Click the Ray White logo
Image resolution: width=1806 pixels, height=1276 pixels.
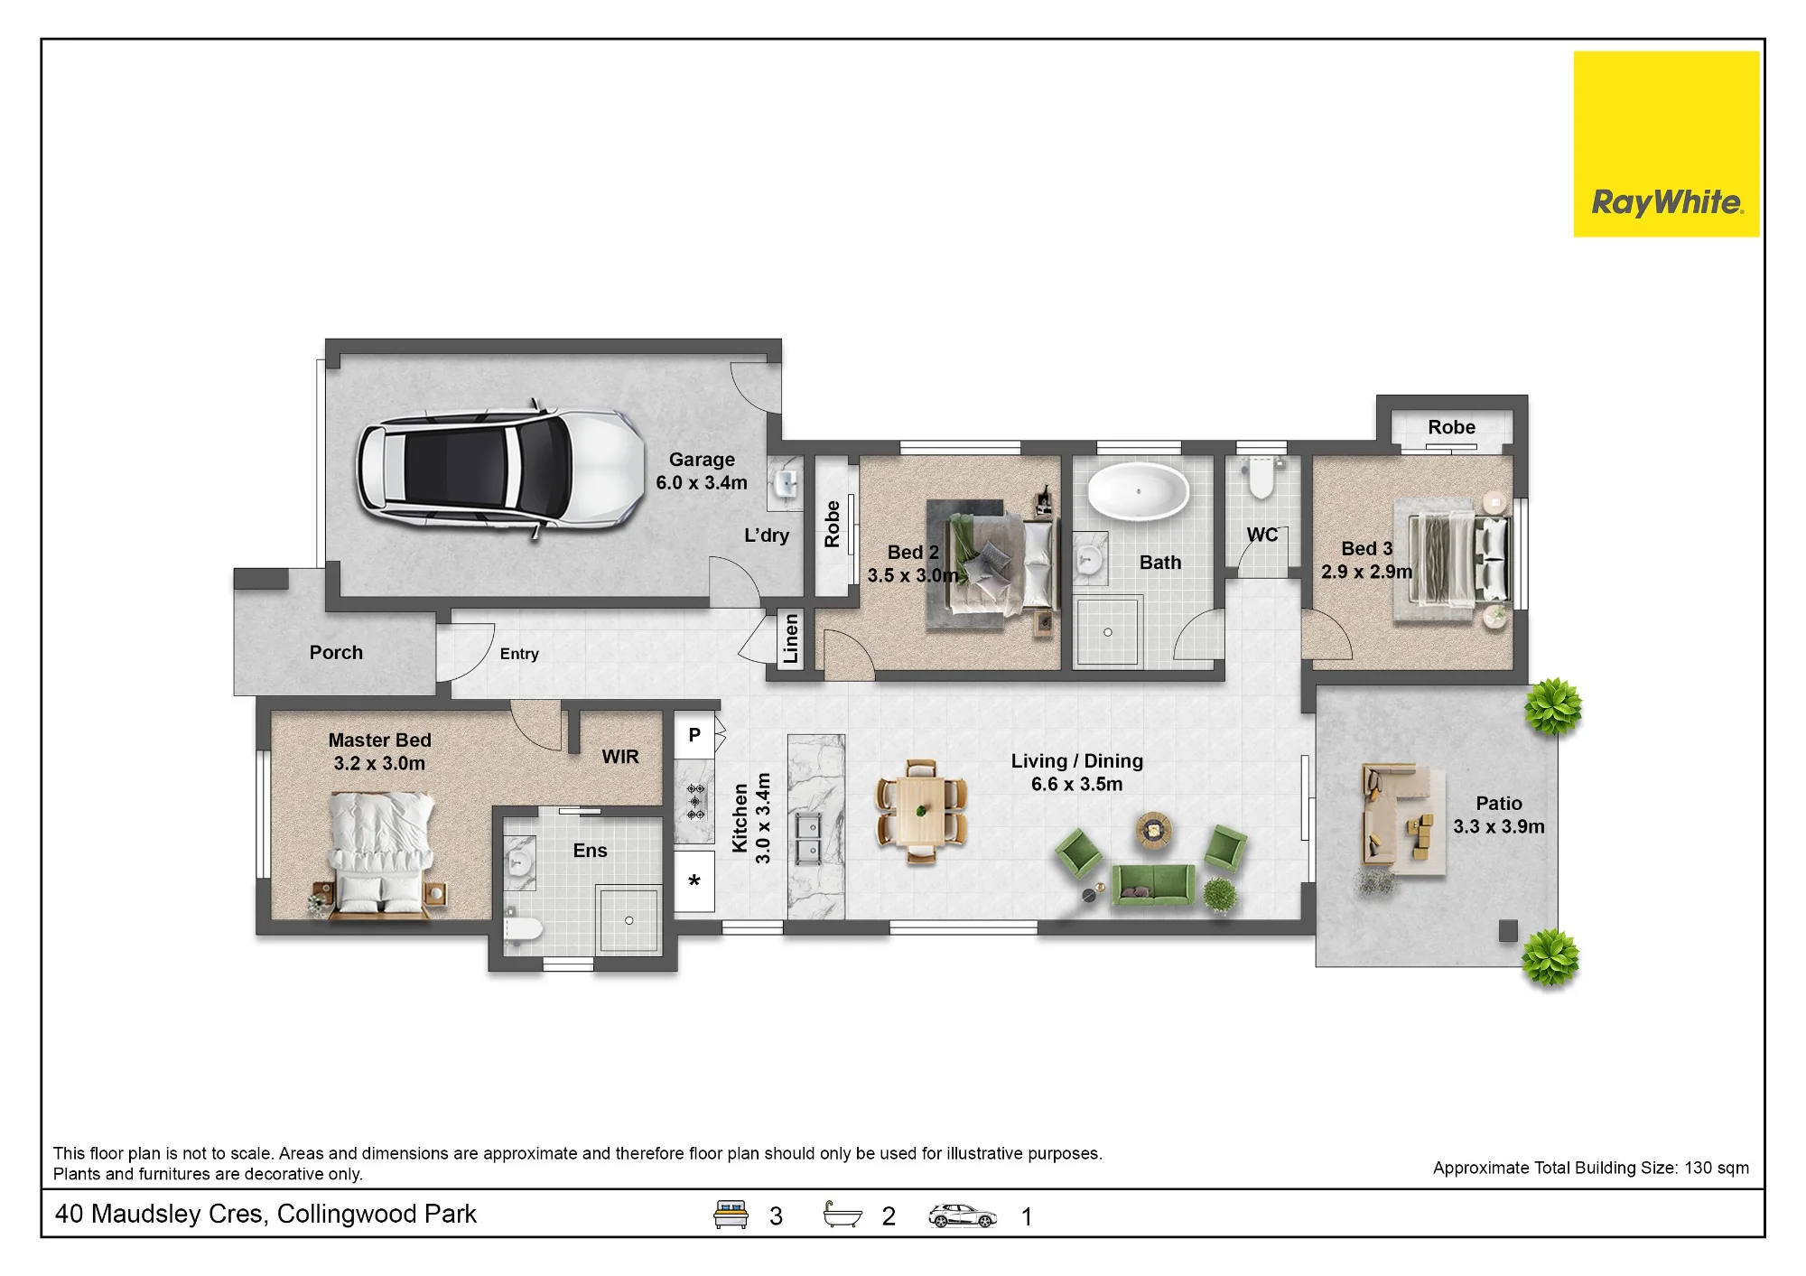[1666, 144]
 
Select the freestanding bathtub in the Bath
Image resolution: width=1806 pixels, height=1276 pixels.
[1138, 492]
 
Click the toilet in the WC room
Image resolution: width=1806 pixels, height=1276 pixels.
[1261, 478]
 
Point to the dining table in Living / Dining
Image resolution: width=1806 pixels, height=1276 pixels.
[921, 812]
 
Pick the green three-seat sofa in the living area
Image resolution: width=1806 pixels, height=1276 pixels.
[1153, 884]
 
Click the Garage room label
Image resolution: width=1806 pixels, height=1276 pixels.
[702, 460]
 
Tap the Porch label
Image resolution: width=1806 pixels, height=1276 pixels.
[336, 652]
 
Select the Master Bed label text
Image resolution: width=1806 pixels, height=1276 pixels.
[379, 740]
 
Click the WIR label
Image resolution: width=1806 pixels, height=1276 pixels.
[620, 757]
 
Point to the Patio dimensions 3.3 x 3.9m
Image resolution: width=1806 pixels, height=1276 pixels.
[1499, 826]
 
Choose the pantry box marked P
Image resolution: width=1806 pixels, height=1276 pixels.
[694, 735]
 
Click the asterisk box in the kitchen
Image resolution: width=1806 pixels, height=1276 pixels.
[694, 881]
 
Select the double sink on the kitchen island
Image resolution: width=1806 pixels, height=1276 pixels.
[808, 838]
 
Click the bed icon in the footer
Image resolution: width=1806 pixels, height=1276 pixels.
[731, 1215]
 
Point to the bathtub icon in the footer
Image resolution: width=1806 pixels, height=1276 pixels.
[842, 1215]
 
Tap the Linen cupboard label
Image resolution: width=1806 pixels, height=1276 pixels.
[791, 638]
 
